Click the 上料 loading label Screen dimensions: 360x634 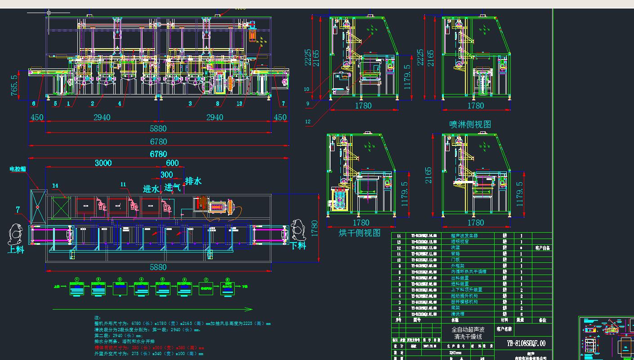pyautogui.click(x=16, y=249)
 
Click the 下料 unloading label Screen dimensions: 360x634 pyautogui.click(x=298, y=246)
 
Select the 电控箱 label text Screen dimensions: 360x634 pyautogui.click(x=18, y=169)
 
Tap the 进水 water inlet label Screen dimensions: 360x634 pyautogui.click(x=151, y=189)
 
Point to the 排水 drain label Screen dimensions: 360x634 pyautogui.click(x=193, y=181)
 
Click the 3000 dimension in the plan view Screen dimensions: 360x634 pyautogui.click(x=103, y=163)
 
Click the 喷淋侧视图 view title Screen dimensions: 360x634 pyautogui.click(x=470, y=124)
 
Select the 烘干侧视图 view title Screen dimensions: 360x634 pyautogui.click(x=359, y=233)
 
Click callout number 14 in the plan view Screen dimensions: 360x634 pyautogui.click(x=55, y=185)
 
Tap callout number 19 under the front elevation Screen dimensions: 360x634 pyautogui.click(x=239, y=103)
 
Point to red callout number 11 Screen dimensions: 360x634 pyautogui.click(x=124, y=184)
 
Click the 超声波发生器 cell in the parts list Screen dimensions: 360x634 pyautogui.click(x=464, y=235)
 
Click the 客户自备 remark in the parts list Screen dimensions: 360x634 pyautogui.click(x=542, y=248)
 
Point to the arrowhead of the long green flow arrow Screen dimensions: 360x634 pyautogui.click(x=250, y=309)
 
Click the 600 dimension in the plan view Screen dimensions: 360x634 pyautogui.click(x=172, y=163)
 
